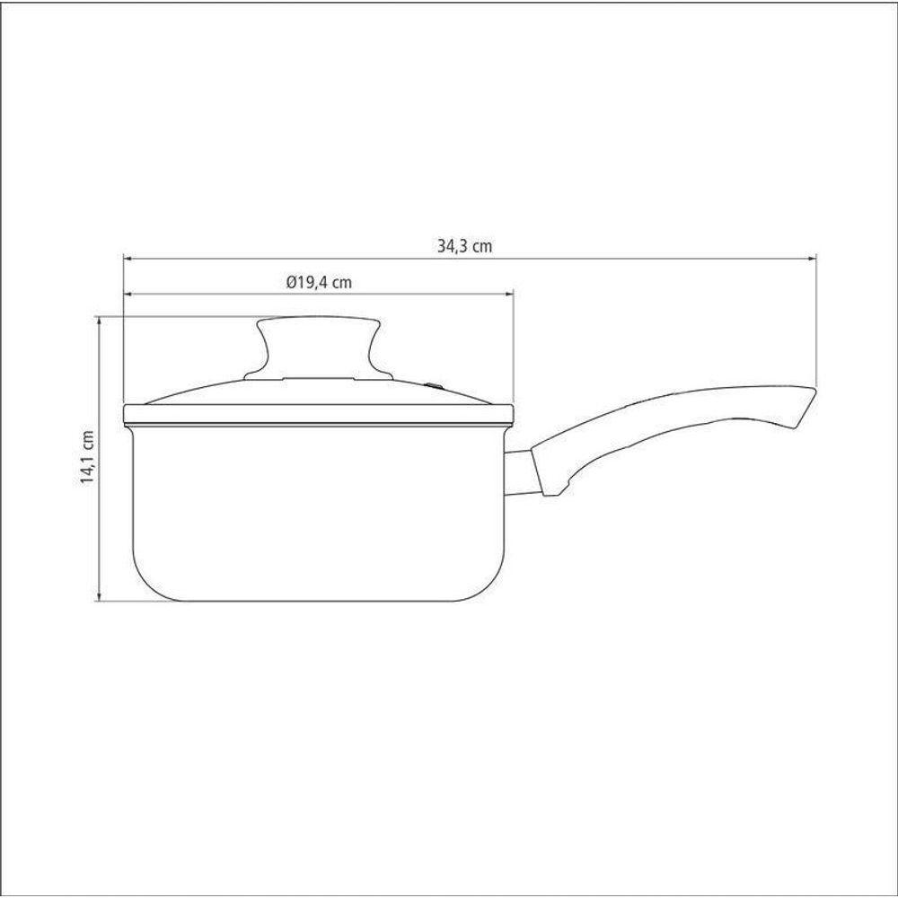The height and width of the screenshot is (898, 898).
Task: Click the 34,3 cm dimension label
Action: (464, 246)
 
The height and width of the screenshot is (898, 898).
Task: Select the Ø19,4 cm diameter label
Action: (319, 282)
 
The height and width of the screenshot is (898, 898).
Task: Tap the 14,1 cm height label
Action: (87, 458)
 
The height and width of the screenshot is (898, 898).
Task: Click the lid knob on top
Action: (319, 347)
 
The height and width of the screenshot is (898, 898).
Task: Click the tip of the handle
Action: (815, 391)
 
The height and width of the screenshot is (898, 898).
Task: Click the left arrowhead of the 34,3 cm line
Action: (128, 259)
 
